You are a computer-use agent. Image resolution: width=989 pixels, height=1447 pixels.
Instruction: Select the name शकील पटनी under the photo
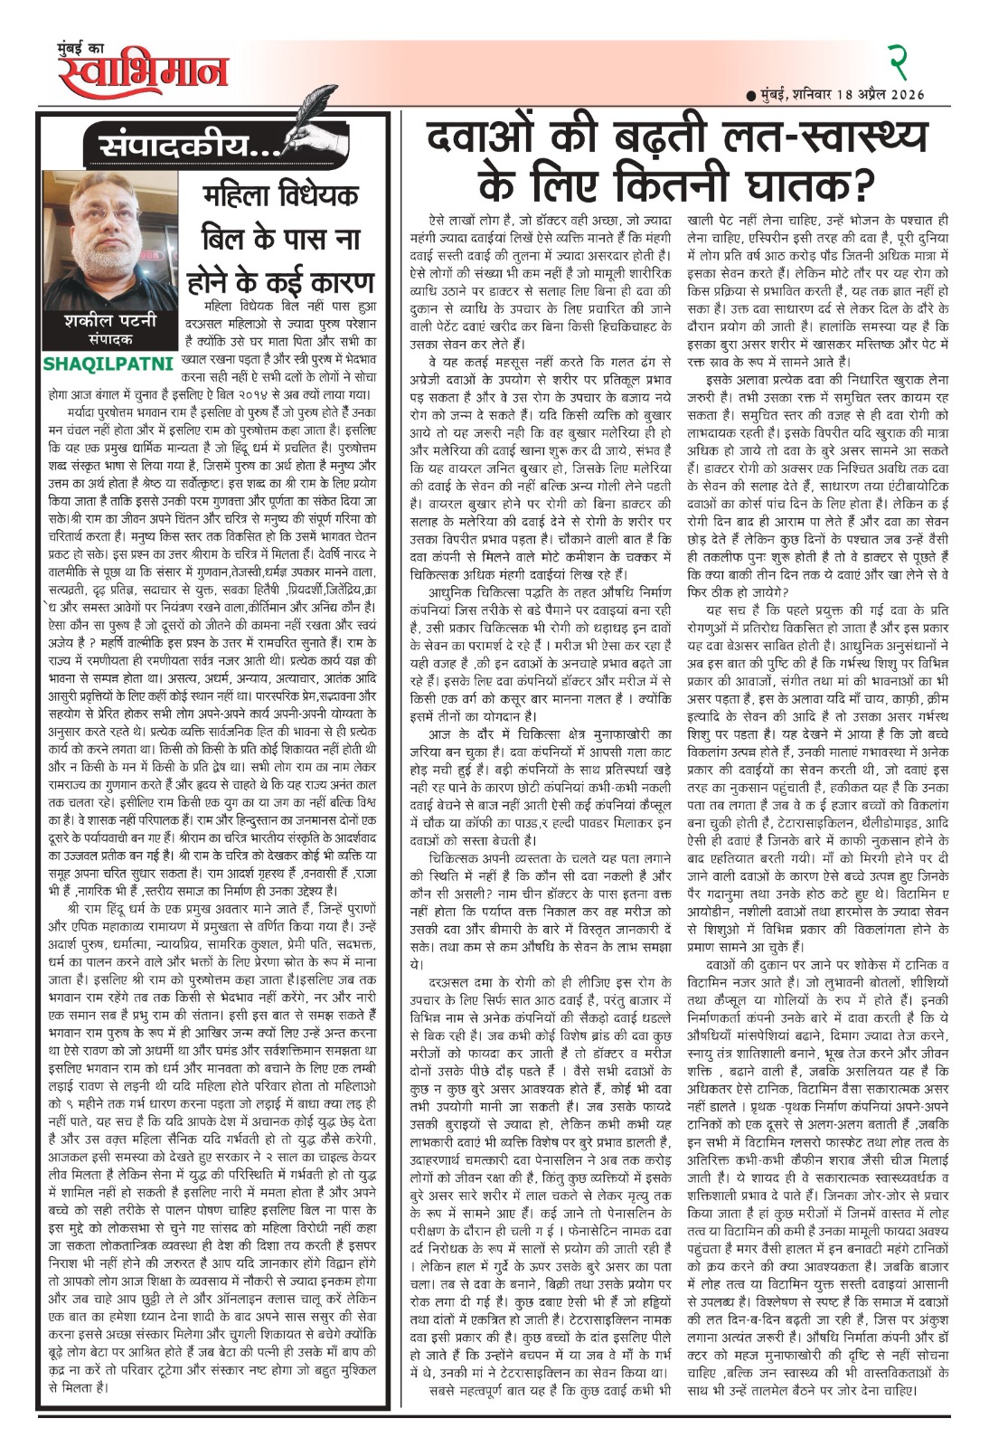[x=99, y=322]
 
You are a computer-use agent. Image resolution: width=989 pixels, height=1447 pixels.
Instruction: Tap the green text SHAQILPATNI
[x=99, y=364]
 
